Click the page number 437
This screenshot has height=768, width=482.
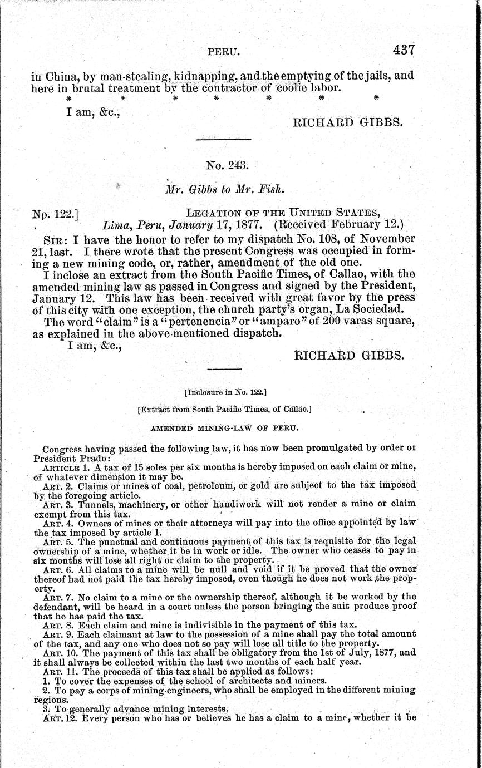[x=404, y=50]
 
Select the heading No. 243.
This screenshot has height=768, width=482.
[x=223, y=165]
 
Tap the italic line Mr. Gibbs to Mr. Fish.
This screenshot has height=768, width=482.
[x=224, y=189]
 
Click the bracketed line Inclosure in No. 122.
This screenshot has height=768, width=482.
[x=225, y=392]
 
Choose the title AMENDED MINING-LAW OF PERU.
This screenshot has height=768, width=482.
[x=225, y=429]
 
